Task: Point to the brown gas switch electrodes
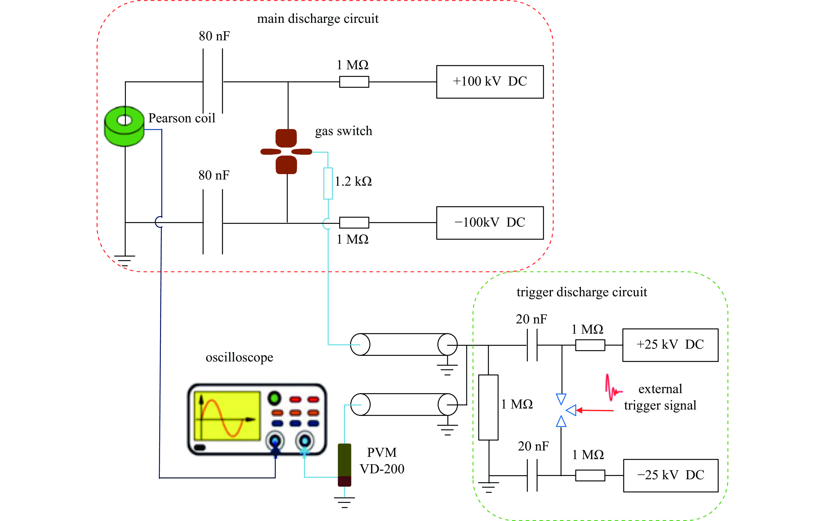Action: [x=286, y=151]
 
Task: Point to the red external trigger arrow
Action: [x=595, y=410]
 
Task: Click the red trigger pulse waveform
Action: [x=613, y=388]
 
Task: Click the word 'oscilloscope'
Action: [x=239, y=357]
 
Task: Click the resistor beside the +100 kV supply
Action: [x=354, y=82]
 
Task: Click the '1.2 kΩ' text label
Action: [x=353, y=181]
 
